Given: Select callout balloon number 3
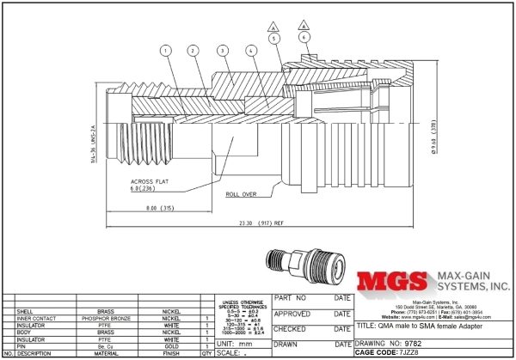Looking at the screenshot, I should [222, 51].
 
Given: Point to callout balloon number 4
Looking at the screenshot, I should [249, 51].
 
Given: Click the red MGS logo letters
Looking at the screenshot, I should [392, 284].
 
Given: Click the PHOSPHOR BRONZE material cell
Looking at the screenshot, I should [108, 318].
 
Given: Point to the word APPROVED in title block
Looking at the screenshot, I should [292, 314].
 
